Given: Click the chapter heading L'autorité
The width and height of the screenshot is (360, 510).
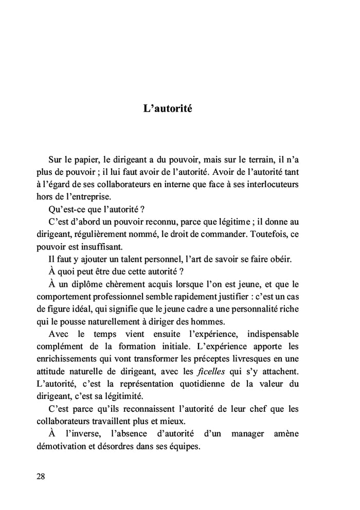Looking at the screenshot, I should (x=168, y=109).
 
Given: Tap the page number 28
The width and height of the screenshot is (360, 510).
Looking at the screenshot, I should (x=41, y=476).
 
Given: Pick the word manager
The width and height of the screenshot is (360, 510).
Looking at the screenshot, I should (x=247, y=434).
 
